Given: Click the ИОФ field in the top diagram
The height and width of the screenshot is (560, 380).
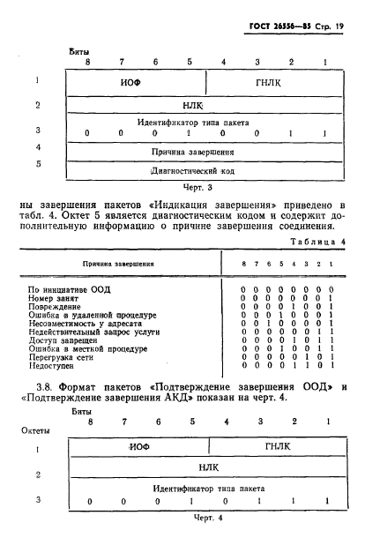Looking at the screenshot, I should click(132, 83).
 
